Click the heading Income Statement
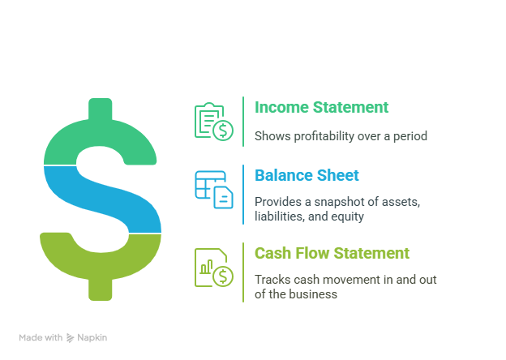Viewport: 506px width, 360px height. coord(321,107)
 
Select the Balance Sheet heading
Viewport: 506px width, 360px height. coord(307,175)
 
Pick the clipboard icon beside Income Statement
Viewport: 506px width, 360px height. coord(213,122)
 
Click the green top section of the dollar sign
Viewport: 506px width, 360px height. coord(99,138)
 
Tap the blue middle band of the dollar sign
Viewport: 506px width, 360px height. coord(101,198)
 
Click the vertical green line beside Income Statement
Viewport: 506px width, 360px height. coord(242,121)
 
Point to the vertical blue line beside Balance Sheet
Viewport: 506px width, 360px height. coord(242,194)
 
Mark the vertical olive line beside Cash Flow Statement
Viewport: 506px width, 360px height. coord(242,272)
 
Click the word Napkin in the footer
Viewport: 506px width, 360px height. coord(93,337)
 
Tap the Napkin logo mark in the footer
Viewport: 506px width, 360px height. coord(71,337)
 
